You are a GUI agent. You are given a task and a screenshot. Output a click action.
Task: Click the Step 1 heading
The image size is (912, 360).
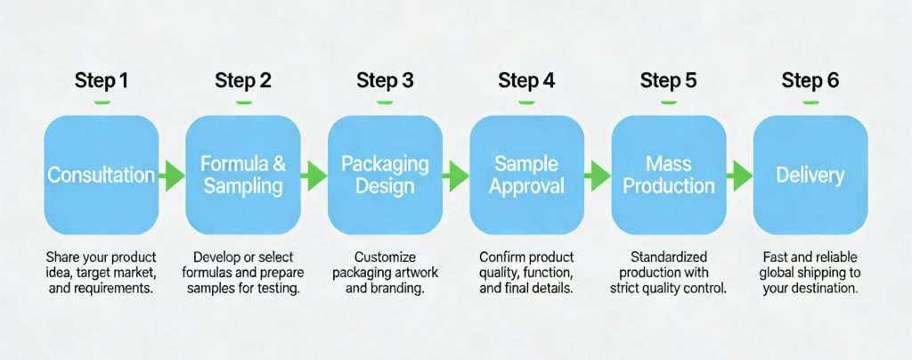point(101,81)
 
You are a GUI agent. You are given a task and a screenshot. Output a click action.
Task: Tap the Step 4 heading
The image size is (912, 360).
point(526,81)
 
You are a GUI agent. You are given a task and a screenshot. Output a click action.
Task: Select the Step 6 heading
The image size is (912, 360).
point(810,81)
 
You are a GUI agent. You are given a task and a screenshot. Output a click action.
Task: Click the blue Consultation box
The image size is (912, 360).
point(101,175)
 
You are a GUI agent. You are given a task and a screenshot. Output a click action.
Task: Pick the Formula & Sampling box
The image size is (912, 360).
point(242,175)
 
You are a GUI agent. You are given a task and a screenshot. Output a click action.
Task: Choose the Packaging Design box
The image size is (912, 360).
point(385,175)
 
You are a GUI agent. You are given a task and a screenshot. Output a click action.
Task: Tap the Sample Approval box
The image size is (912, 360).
point(526,175)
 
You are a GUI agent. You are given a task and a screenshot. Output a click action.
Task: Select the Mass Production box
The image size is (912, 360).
point(668,175)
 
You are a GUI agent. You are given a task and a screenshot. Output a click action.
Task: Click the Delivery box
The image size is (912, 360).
point(810,175)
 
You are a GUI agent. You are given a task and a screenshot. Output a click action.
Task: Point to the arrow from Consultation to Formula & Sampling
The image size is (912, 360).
point(172,176)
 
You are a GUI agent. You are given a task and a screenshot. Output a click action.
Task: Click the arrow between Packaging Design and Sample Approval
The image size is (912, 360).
point(456,176)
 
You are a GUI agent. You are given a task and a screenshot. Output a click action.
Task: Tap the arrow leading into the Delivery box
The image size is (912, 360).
point(739,176)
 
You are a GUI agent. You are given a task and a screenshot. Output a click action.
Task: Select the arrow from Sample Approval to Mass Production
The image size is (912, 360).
point(598,176)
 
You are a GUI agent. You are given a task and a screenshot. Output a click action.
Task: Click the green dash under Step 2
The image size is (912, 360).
point(242,102)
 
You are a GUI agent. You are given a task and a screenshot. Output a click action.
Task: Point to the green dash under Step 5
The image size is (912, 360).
point(668,102)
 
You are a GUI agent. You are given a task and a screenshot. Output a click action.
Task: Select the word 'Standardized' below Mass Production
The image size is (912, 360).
point(668,257)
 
